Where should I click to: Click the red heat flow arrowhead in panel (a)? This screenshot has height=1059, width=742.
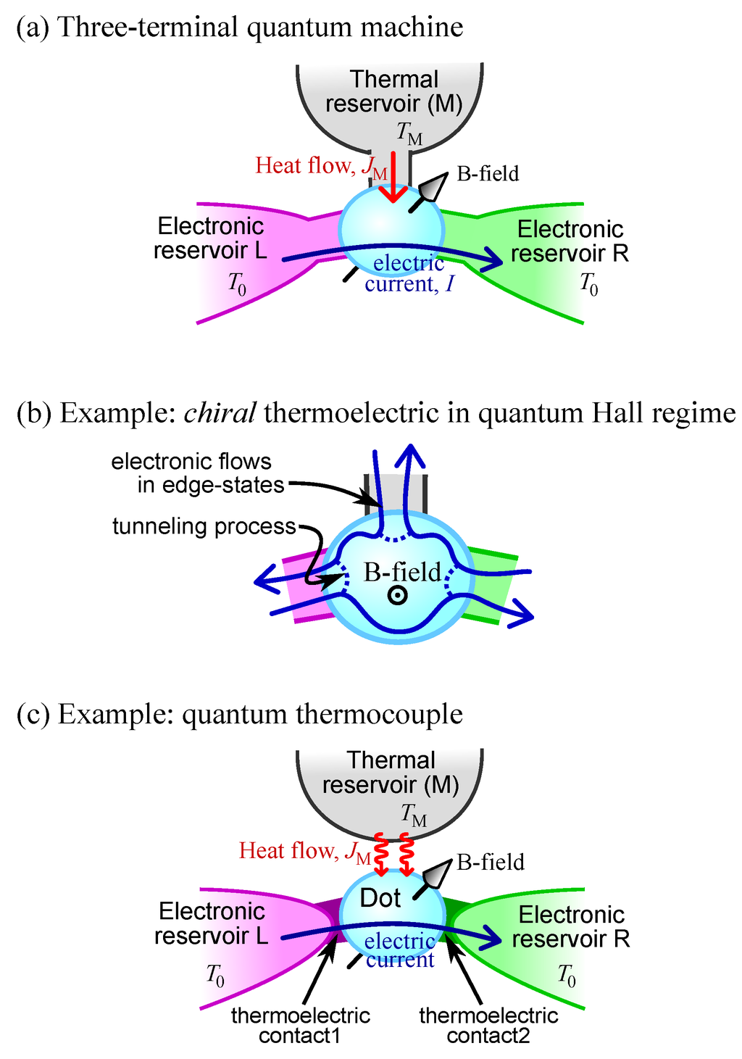[x=393, y=194]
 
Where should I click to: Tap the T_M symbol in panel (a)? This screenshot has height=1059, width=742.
[x=409, y=133]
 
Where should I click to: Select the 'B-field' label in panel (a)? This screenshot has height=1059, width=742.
[x=488, y=174]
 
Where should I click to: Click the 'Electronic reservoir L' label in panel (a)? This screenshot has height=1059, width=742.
[x=210, y=238]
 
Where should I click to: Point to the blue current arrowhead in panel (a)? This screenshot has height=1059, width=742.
[x=494, y=257]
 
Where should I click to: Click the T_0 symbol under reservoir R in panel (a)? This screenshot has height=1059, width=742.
[x=588, y=284]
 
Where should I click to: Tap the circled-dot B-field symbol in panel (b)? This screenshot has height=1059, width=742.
[x=397, y=596]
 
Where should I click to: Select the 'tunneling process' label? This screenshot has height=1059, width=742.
[x=204, y=526]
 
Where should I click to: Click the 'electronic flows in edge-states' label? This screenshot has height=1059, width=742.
[x=197, y=473]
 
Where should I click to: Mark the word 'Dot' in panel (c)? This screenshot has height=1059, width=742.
[x=380, y=898]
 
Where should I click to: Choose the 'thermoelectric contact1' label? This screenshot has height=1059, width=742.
[x=300, y=1026]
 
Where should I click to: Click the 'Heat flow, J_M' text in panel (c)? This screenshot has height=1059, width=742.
[x=305, y=851]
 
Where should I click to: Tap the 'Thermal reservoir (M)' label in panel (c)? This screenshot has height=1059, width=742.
[x=391, y=773]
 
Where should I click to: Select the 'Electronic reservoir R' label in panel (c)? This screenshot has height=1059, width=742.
[x=571, y=926]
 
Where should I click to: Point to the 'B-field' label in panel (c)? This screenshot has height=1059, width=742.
[x=491, y=862]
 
